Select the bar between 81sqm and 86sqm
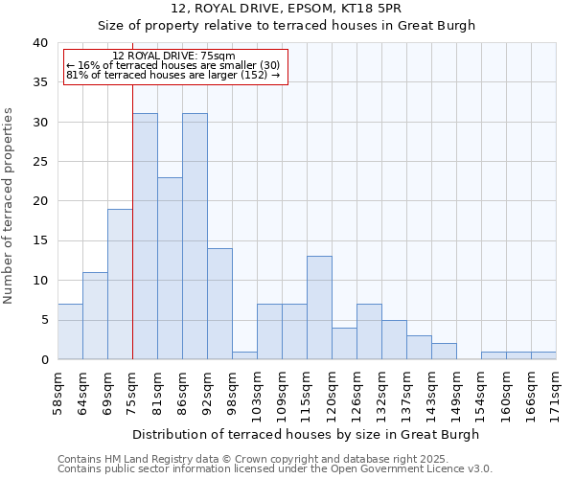click(x=170, y=268)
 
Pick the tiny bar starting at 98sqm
click(x=244, y=355)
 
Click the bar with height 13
click(x=319, y=308)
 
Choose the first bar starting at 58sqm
click(x=70, y=331)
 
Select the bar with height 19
click(x=120, y=284)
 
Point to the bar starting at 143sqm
click(x=444, y=352)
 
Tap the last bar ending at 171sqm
click(x=543, y=355)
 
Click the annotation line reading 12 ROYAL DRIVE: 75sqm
click(x=173, y=57)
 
